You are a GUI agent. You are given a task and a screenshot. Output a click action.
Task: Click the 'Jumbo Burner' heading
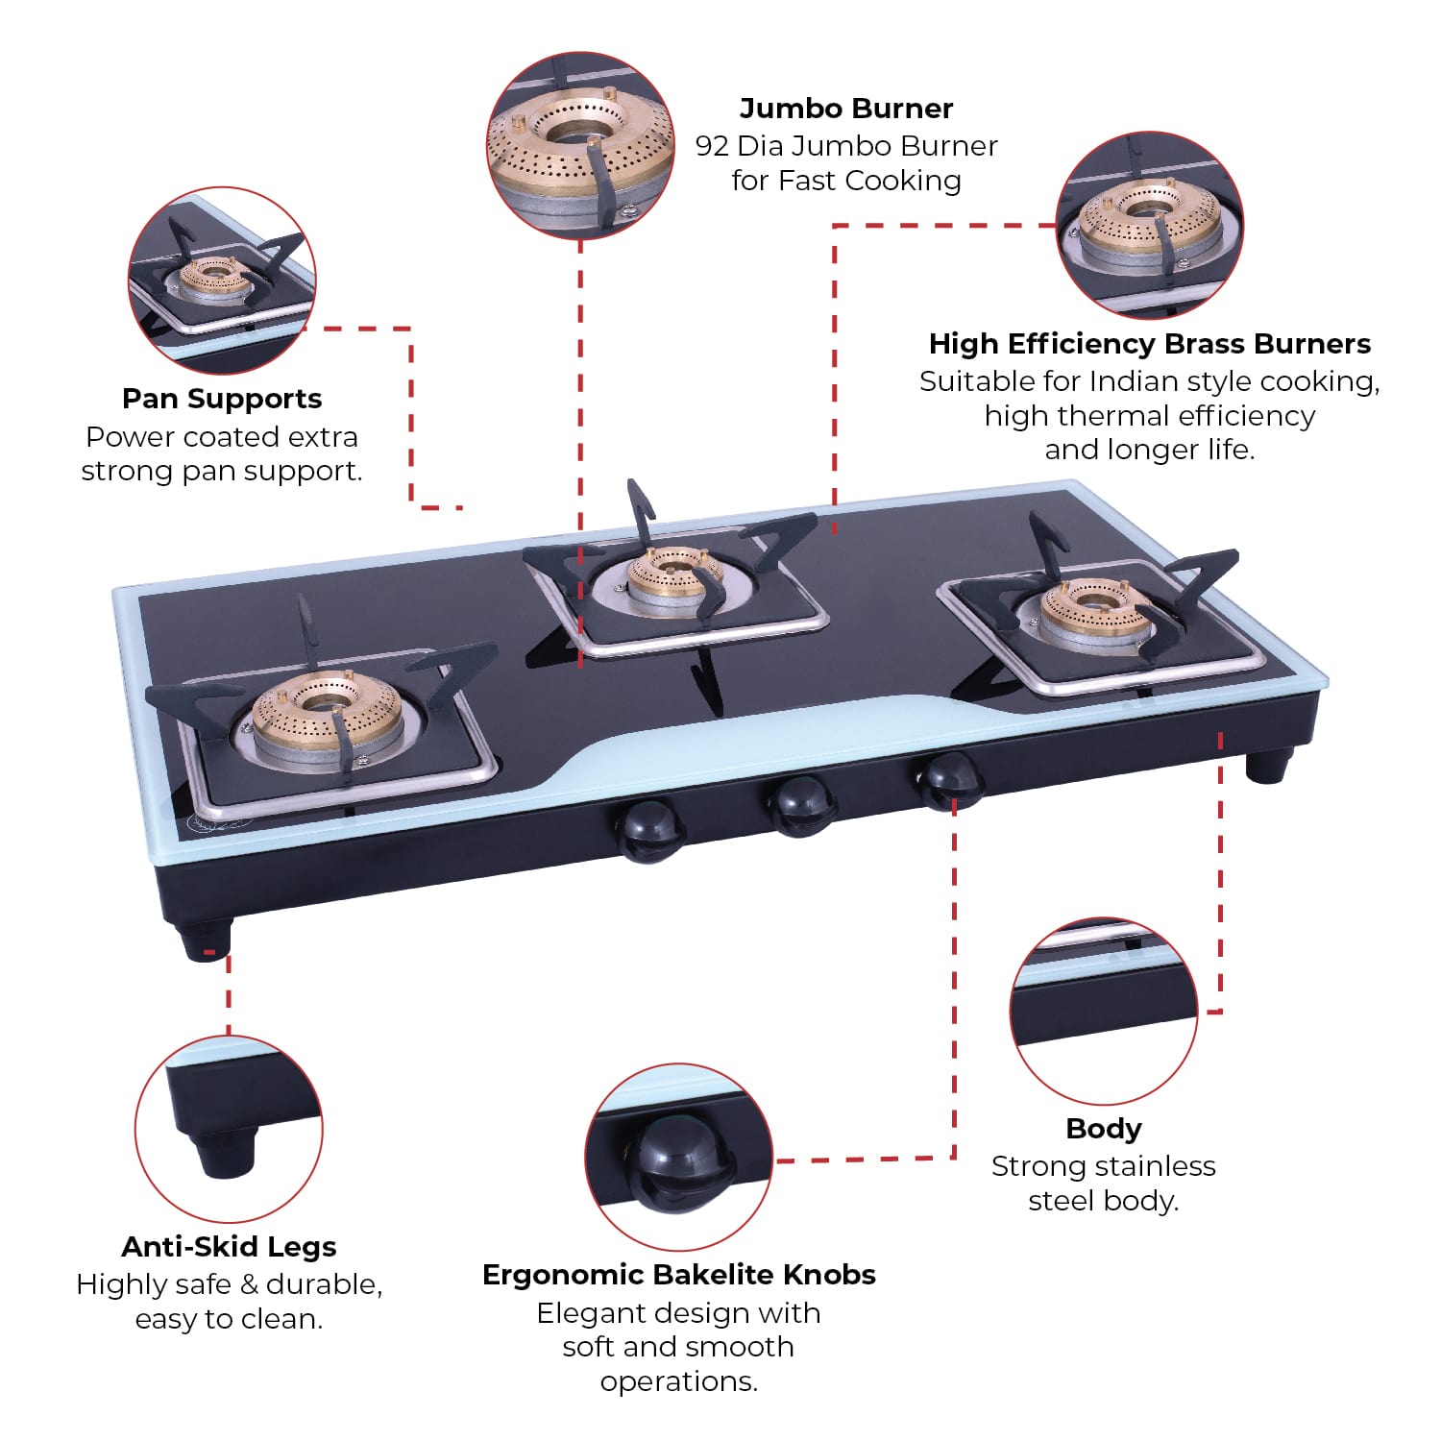[845, 109]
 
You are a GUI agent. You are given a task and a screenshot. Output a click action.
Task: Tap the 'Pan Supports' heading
[222, 399]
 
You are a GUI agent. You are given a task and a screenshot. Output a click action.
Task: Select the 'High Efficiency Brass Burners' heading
[1149, 344]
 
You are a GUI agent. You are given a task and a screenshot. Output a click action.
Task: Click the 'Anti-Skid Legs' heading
[229, 1247]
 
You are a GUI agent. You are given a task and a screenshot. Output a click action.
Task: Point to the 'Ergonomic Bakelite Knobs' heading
[678, 1275]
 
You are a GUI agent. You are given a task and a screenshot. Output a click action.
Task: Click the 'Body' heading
[1103, 1129]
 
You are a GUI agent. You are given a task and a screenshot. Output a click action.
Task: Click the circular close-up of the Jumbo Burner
[580, 145]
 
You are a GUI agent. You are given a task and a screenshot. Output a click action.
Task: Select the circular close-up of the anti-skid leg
[229, 1129]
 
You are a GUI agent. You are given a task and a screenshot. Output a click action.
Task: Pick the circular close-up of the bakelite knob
[678, 1157]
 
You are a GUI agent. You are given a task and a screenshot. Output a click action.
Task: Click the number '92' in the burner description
[712, 146]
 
